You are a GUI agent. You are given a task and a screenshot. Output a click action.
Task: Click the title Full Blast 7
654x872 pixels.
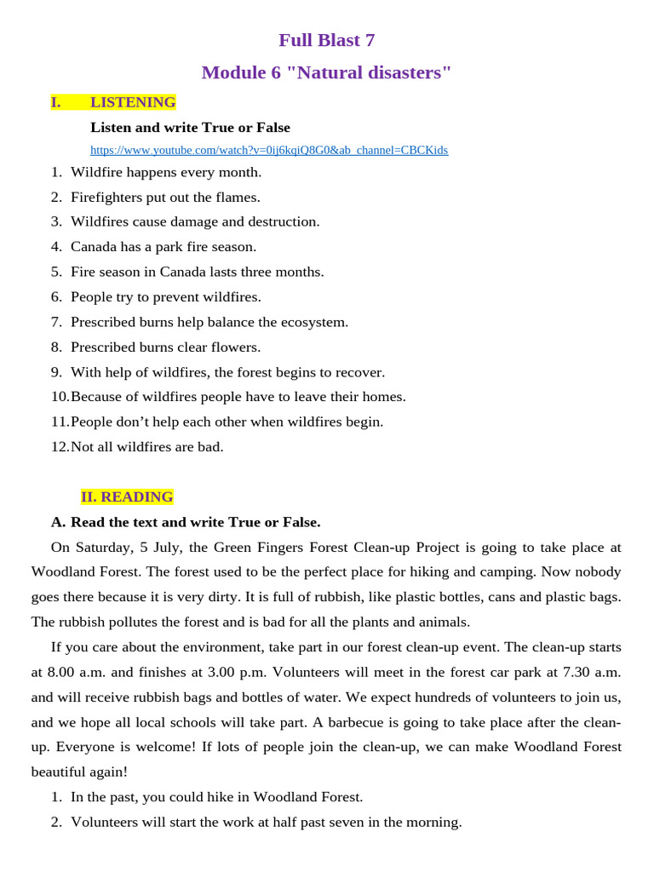click(x=327, y=40)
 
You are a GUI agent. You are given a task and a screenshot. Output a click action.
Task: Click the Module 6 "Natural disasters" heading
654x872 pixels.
click(x=327, y=73)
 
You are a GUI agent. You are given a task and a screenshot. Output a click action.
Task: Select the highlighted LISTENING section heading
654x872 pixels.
click(x=132, y=103)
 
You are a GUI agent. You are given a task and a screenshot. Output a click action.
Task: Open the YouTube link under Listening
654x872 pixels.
click(x=269, y=151)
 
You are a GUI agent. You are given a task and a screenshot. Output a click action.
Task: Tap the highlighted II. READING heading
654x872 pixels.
click(x=127, y=497)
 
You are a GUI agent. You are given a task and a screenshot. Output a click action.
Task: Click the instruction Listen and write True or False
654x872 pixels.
click(x=190, y=128)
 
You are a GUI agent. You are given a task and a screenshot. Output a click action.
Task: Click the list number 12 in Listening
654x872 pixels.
click(x=60, y=447)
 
